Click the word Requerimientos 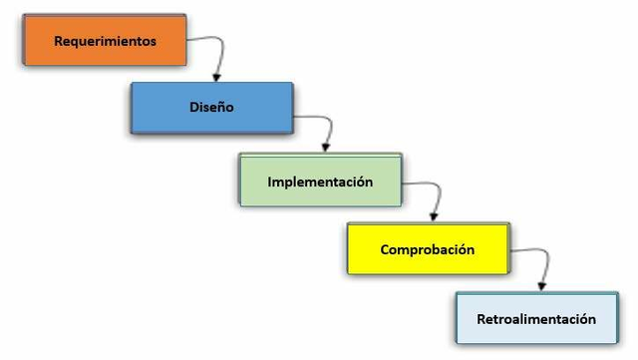pos(106,42)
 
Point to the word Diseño pos(211,108)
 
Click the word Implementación pos(320,182)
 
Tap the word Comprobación pos(428,249)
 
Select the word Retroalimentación pos(535,319)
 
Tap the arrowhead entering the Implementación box pos(326,147)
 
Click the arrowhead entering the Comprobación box pos(433,215)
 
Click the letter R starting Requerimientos pos(59,42)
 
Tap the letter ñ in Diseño pos(222,108)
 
